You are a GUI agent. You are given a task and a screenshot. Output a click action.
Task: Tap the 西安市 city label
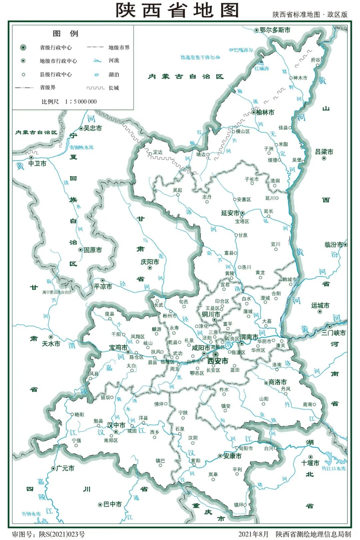(x=218, y=361)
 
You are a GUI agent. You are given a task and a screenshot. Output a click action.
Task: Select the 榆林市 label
(x=265, y=112)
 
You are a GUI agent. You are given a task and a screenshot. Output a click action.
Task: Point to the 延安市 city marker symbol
(x=242, y=213)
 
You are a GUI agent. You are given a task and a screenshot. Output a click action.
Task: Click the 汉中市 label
(x=116, y=425)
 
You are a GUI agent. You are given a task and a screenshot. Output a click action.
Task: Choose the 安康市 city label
(x=232, y=456)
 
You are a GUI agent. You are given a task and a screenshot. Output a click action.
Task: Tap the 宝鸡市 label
(x=118, y=348)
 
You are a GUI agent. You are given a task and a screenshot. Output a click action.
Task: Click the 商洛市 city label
(x=278, y=382)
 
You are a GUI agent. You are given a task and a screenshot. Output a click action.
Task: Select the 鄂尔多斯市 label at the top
(x=275, y=30)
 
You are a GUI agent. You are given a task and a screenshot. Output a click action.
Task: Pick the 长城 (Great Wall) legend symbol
(x=95, y=88)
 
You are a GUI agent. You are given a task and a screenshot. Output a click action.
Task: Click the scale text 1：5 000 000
(x=81, y=102)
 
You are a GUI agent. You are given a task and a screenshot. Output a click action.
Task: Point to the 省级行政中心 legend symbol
(x=23, y=48)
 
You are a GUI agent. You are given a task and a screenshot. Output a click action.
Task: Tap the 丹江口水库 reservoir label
(x=333, y=468)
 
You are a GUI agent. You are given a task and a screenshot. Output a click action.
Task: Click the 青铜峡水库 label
(x=82, y=147)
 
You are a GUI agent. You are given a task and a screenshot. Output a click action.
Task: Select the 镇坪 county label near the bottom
(x=238, y=505)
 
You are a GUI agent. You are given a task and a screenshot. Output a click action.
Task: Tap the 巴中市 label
(x=112, y=504)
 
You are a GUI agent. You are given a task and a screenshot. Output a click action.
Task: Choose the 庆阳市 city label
(x=150, y=262)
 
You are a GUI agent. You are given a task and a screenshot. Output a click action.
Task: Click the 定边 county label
(x=158, y=152)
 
